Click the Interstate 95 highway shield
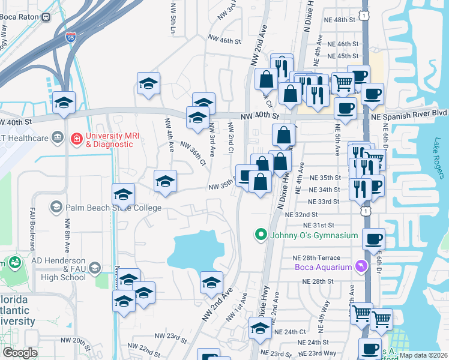click(x=71, y=38)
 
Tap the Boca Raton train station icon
click(x=46, y=17)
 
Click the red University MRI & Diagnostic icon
click(x=76, y=140)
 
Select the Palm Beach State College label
click(x=114, y=208)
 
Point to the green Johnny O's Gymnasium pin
click(x=261, y=235)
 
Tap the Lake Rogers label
click(x=438, y=159)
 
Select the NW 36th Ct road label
click(x=192, y=153)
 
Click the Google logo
click(x=20, y=352)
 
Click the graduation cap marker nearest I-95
click(x=64, y=103)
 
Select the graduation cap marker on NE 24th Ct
click(x=260, y=328)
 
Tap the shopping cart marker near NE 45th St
click(x=343, y=83)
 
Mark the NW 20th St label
click(x=88, y=341)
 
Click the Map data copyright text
click(x=423, y=355)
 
